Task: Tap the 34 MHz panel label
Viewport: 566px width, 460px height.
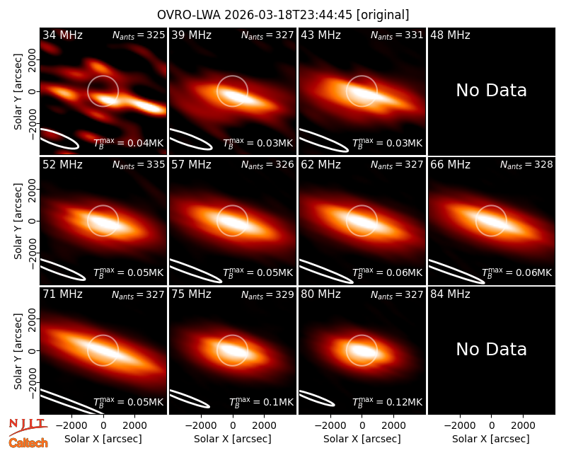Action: click(x=62, y=35)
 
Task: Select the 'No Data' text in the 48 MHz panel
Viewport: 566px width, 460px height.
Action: click(x=491, y=91)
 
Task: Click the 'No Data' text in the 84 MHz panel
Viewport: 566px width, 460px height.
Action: click(x=491, y=349)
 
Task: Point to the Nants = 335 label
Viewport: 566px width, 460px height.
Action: click(x=139, y=165)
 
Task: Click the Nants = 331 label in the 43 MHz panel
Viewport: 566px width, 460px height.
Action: click(x=397, y=35)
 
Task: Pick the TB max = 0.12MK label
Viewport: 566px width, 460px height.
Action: click(x=387, y=401)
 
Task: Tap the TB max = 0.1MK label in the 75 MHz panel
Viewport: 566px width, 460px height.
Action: click(x=261, y=401)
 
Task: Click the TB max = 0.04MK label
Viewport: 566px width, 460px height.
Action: click(x=129, y=143)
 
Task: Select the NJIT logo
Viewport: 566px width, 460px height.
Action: click(x=28, y=427)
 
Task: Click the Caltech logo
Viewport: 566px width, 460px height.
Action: click(x=28, y=443)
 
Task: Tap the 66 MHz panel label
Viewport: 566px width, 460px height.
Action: click(x=450, y=165)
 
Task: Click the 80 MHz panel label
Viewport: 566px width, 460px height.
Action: click(x=321, y=294)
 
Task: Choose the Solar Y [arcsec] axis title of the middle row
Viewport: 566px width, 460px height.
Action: click(x=18, y=221)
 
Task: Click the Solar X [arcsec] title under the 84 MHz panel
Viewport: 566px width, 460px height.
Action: click(x=491, y=439)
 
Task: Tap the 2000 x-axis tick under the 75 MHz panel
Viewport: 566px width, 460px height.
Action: click(x=264, y=425)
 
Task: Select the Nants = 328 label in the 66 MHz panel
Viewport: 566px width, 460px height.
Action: click(x=526, y=165)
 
